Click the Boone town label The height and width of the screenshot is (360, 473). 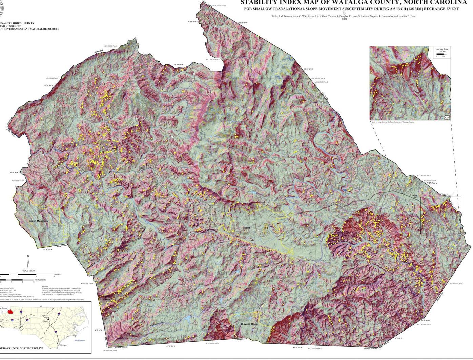click(246, 228)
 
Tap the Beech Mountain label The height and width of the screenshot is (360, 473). click(38, 221)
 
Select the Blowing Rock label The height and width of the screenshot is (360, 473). click(249, 324)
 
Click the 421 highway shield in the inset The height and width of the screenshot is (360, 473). click(447, 118)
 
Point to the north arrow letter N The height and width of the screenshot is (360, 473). click(28, 256)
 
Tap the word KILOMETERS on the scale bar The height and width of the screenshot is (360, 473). click(40, 280)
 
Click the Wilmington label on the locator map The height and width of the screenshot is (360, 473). click(63, 345)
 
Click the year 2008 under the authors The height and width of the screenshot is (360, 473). click(344, 19)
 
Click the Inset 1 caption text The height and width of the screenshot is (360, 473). click(393, 122)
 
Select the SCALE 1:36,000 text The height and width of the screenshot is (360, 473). click(29, 271)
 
